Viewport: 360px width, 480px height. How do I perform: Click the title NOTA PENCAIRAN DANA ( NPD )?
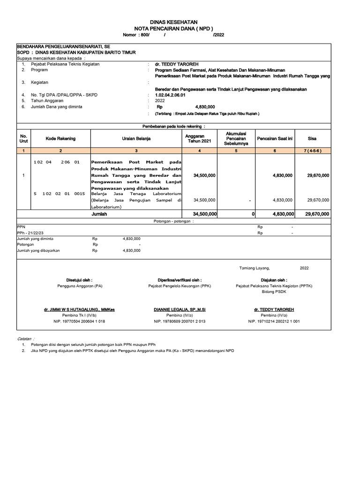click(x=173, y=29)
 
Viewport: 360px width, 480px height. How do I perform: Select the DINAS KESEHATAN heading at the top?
click(x=173, y=22)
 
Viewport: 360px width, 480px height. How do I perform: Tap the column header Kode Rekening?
click(x=60, y=139)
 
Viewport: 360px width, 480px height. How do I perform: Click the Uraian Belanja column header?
click(x=136, y=139)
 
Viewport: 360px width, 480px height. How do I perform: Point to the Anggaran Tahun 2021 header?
click(x=200, y=139)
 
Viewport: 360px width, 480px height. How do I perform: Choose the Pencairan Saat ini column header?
click(x=275, y=139)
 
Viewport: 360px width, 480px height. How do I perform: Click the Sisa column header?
click(x=312, y=139)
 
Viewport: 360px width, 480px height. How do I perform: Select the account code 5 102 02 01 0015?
click(x=60, y=193)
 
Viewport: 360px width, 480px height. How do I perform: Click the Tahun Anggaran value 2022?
click(x=160, y=100)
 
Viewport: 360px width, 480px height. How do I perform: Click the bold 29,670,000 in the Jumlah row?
click(x=316, y=214)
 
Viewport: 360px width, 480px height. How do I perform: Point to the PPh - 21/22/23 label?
click(x=30, y=232)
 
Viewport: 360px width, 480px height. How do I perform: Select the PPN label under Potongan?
click(x=21, y=226)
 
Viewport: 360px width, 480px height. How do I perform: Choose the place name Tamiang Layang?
click(x=255, y=268)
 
